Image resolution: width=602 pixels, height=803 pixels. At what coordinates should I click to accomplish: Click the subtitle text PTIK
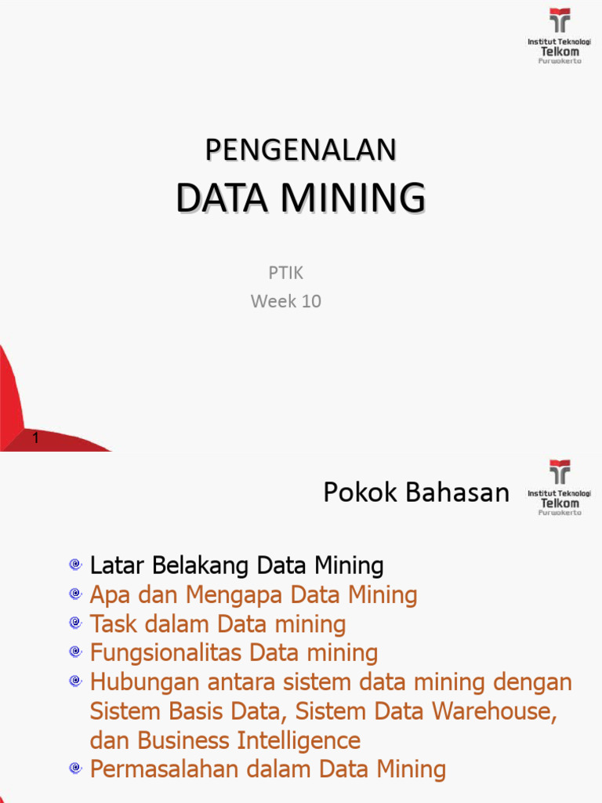click(285, 274)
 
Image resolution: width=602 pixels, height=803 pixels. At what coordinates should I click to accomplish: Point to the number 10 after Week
click(310, 301)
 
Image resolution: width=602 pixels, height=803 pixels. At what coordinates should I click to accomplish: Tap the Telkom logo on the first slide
click(560, 35)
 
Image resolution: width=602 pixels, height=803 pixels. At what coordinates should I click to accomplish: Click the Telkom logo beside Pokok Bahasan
click(560, 487)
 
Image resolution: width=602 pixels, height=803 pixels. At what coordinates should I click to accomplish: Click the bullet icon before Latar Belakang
click(74, 565)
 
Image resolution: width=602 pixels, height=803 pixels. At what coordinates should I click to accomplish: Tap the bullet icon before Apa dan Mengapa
click(74, 594)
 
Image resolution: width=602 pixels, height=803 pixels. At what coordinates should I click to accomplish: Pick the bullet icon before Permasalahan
click(74, 769)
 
